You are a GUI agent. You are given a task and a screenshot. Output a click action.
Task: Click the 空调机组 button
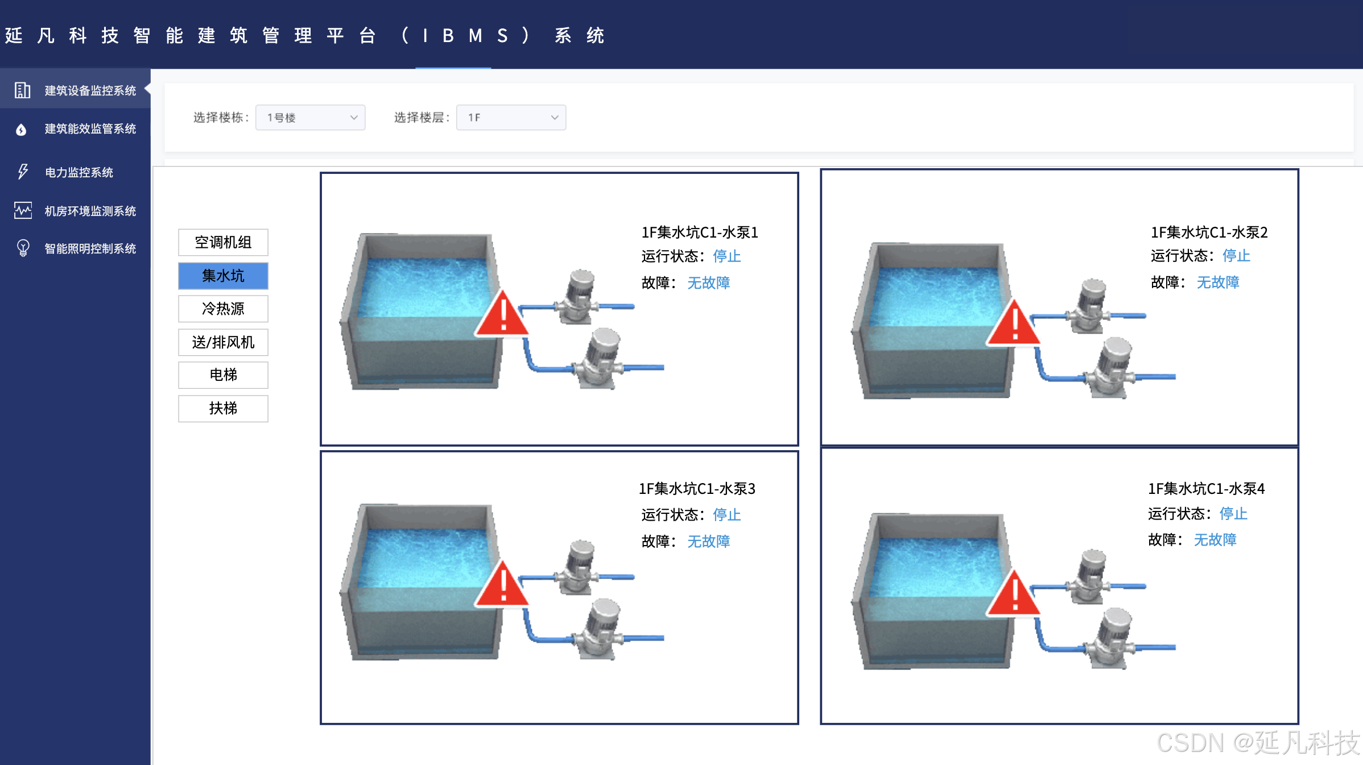[x=223, y=243]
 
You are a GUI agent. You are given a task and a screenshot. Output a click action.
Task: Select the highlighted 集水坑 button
[x=223, y=276]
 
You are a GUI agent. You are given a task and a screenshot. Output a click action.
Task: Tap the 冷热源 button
[x=223, y=309]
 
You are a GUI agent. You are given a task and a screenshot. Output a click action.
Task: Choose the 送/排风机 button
[x=223, y=342]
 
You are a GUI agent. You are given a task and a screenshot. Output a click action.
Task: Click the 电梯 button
[x=223, y=375]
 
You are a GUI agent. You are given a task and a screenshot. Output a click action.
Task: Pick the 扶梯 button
[x=223, y=409]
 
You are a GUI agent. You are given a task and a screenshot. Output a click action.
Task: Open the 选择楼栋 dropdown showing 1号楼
[x=310, y=118]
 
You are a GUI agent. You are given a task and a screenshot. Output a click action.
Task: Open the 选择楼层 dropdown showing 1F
[x=511, y=118]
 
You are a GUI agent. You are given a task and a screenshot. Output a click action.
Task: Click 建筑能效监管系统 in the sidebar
[x=90, y=129]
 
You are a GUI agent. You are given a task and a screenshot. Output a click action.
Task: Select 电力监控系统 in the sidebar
[x=79, y=172]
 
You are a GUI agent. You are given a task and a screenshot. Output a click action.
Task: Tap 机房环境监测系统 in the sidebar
[x=90, y=211]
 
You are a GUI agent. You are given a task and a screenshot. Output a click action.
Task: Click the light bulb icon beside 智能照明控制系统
[x=23, y=248]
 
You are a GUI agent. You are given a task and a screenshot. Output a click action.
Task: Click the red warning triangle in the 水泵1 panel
[x=502, y=313]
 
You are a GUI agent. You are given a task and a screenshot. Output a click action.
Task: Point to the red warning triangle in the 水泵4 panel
[x=1014, y=594]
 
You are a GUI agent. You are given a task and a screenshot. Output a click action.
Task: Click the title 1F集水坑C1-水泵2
[x=1209, y=232]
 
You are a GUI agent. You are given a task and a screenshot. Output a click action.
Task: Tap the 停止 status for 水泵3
[x=726, y=515]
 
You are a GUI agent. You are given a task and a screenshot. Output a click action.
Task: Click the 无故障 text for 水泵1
[x=708, y=282]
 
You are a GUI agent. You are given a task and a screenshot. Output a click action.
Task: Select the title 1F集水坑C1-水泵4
[x=1206, y=489]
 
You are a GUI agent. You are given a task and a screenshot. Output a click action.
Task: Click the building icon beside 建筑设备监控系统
[x=22, y=90]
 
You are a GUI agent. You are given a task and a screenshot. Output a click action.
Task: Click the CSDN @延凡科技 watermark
[x=1258, y=743]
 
